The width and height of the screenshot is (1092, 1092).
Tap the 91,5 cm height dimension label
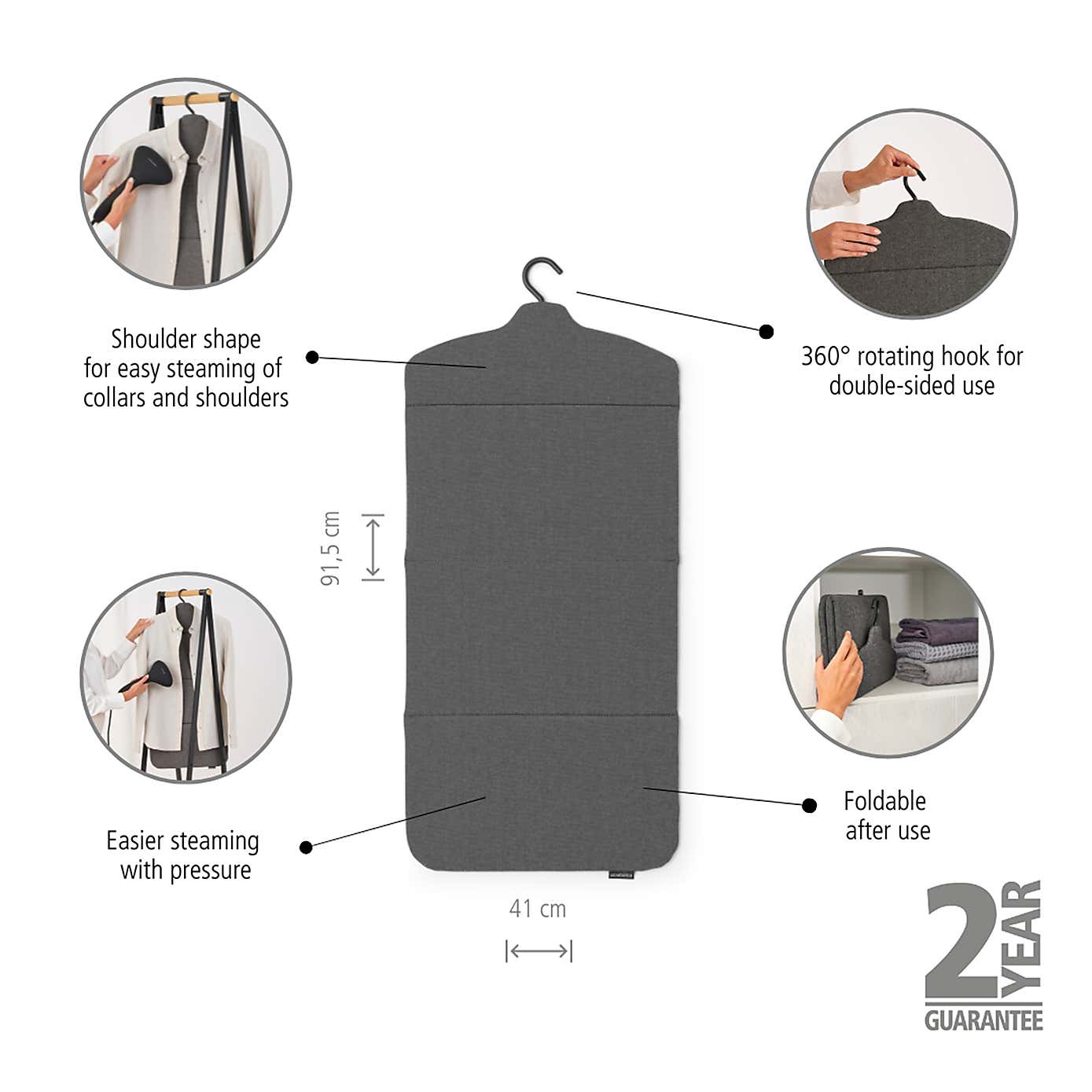point(331,548)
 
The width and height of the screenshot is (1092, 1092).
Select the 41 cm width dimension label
point(537,909)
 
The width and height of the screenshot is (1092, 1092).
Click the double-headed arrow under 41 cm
point(539,951)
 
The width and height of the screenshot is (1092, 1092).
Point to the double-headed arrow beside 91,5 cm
point(373,547)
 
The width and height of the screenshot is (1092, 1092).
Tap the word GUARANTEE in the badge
point(984,1020)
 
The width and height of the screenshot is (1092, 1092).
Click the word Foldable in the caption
point(884,801)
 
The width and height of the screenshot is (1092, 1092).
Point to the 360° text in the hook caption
point(825,356)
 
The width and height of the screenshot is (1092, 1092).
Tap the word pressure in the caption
point(211,870)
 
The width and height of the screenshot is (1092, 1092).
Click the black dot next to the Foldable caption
point(809,805)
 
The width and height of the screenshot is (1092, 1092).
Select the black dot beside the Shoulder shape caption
point(312,358)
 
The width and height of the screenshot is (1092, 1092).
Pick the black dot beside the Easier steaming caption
point(307,847)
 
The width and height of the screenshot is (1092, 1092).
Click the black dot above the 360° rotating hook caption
point(767,332)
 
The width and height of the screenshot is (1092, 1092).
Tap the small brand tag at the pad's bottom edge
point(620,874)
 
